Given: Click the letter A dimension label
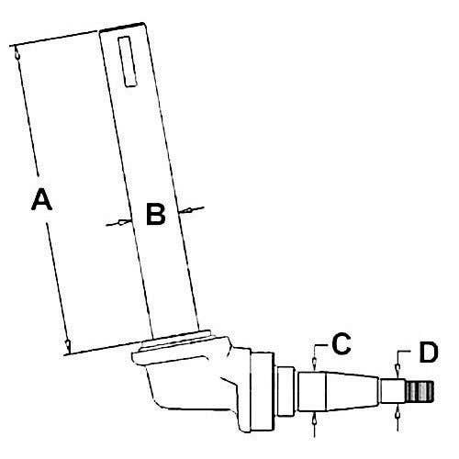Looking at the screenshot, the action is [x=42, y=199].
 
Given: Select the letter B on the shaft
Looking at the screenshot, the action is [x=156, y=214].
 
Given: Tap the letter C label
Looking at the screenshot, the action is [x=341, y=343].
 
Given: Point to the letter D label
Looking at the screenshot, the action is [x=429, y=352].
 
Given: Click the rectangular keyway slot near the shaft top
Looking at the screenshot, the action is [x=127, y=62].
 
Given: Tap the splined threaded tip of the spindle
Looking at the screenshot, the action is [x=420, y=392].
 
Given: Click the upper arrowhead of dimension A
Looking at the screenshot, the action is [x=17, y=54].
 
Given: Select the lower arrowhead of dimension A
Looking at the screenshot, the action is [x=68, y=345].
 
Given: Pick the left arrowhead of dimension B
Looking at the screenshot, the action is [x=125, y=221].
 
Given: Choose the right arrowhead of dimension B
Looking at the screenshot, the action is [x=185, y=210].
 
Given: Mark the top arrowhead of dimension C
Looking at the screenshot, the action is [x=314, y=364].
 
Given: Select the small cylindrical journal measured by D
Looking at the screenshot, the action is [x=393, y=391].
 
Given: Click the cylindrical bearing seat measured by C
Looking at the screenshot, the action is [x=312, y=392].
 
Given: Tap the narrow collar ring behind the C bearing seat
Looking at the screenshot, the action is [x=285, y=391].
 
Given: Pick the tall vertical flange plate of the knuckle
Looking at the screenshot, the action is [x=262, y=391].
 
